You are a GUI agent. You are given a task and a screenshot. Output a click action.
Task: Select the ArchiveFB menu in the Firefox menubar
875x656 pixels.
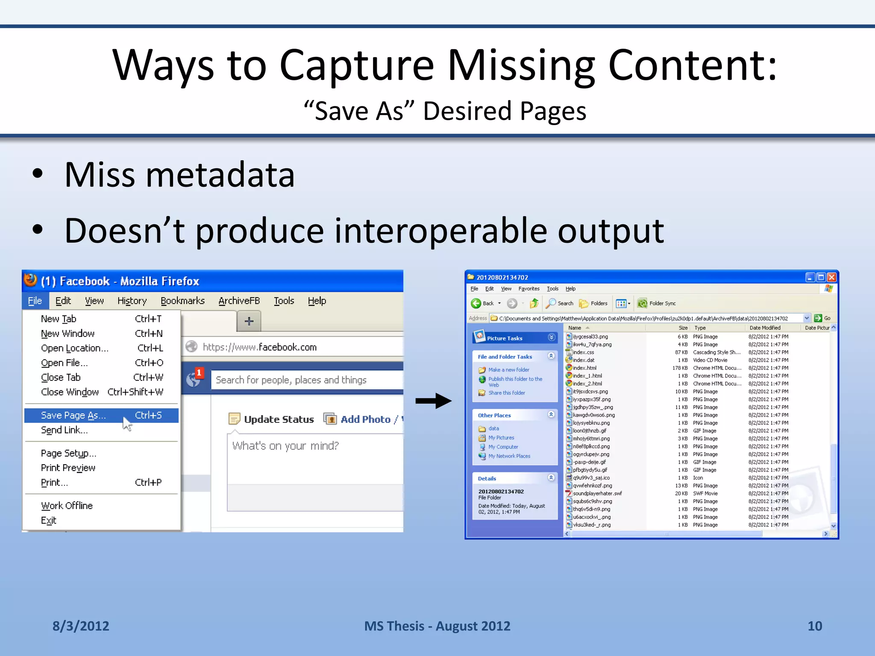tap(239, 301)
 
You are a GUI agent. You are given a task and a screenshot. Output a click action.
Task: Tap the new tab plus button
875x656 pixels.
tap(249, 321)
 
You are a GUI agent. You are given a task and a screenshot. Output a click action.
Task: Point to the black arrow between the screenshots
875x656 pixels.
tap(433, 401)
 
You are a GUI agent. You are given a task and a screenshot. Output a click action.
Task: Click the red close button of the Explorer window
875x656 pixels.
tap(831, 278)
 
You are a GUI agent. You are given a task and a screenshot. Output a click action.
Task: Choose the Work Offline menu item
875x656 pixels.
tap(67, 506)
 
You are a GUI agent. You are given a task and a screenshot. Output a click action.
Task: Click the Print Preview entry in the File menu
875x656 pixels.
tap(68, 468)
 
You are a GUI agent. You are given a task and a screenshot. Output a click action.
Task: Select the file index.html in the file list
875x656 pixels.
tap(584, 368)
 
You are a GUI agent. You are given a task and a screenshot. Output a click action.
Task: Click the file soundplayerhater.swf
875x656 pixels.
tap(597, 494)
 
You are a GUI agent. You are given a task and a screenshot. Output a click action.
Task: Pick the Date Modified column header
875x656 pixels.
tap(765, 328)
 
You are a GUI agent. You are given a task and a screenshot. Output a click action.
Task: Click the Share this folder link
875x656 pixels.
tap(507, 393)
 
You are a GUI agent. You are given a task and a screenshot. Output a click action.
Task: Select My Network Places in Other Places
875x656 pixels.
tap(509, 456)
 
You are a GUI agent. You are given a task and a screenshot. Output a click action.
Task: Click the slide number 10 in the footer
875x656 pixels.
tap(814, 626)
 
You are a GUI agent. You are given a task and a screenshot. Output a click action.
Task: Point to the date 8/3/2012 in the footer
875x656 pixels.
tap(81, 626)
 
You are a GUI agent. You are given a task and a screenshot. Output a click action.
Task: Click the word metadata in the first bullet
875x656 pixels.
tap(220, 175)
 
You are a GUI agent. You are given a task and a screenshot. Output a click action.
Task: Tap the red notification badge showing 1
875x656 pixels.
tap(199, 373)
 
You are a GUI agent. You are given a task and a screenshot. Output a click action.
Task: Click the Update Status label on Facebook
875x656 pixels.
tap(279, 419)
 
